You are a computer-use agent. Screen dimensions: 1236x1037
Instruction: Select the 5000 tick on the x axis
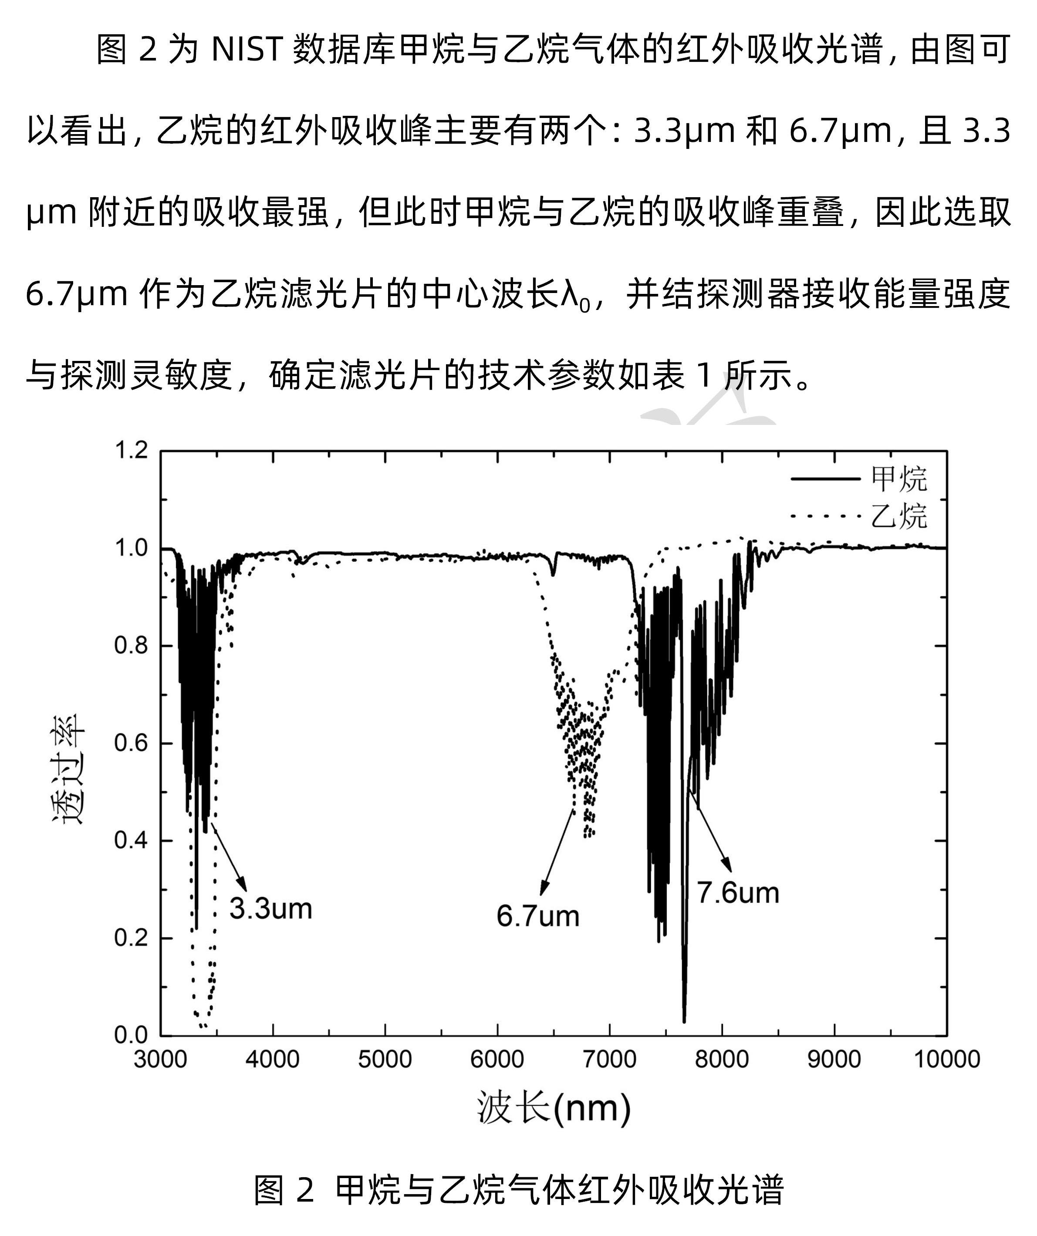pyautogui.click(x=385, y=1059)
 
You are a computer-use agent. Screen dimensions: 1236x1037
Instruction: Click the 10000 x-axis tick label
pyautogui.click(x=946, y=1059)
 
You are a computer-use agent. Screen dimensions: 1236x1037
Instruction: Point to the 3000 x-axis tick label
pyautogui.click(x=160, y=1059)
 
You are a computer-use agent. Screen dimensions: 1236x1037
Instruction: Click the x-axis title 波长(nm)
pyautogui.click(x=554, y=1108)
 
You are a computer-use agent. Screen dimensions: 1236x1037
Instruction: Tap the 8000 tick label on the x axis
pyautogui.click(x=721, y=1059)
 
